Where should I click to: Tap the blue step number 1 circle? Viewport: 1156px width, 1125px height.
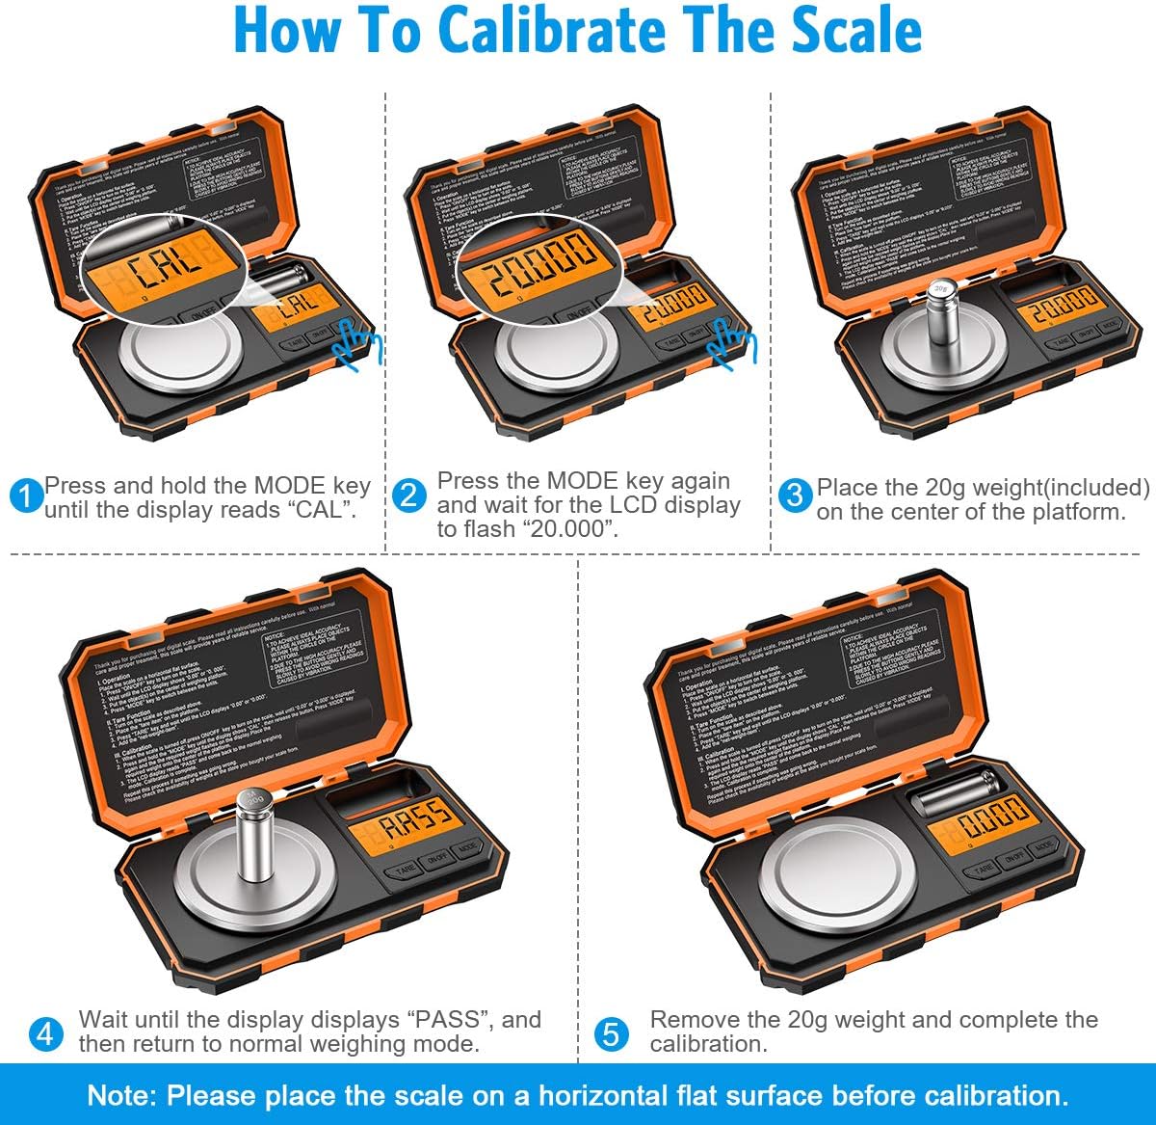click(x=26, y=496)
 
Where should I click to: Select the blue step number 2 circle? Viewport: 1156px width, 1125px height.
click(x=409, y=496)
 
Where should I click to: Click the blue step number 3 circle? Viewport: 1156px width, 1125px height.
click(x=795, y=496)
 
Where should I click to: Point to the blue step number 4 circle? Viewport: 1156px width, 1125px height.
click(x=45, y=1033)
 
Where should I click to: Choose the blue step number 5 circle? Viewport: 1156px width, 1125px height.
click(x=612, y=1033)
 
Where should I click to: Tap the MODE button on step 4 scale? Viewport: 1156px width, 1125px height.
click(x=467, y=849)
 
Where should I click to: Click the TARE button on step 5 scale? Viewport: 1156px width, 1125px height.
click(x=983, y=869)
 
